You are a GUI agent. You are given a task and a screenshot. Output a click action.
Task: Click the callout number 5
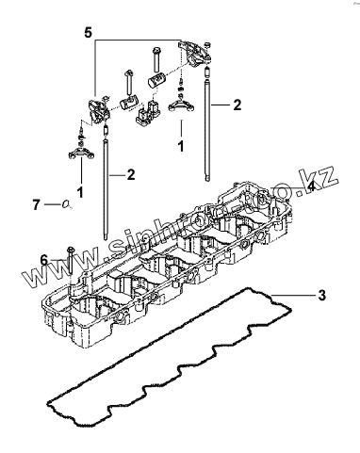pyautogui.click(x=89, y=32)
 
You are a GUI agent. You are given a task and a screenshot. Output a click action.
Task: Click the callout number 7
pyautogui.click(x=37, y=205)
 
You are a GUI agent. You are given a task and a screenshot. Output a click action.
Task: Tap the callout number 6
pyautogui.click(x=44, y=260)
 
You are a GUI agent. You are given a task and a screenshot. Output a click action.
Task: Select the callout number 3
pyautogui.click(x=321, y=295)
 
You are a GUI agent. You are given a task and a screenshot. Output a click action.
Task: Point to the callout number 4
pyautogui.click(x=310, y=186)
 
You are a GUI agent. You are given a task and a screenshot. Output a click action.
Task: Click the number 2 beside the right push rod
pyautogui.click(x=237, y=105)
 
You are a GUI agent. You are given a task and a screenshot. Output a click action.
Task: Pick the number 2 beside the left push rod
pyautogui.click(x=131, y=174)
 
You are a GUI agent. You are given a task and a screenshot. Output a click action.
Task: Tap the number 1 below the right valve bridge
pyautogui.click(x=181, y=147)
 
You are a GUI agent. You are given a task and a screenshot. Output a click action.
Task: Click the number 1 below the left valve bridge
pyautogui.click(x=81, y=192)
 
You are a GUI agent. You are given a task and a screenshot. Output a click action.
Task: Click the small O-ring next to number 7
pyautogui.click(x=65, y=204)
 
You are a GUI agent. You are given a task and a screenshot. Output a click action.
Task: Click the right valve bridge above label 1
pyautogui.click(x=181, y=105)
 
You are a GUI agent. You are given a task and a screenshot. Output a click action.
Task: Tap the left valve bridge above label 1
pyautogui.click(x=81, y=154)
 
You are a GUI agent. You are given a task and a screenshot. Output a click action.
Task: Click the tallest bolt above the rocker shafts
pyautogui.click(x=155, y=59)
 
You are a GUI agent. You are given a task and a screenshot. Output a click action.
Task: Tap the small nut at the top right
pyautogui.click(x=206, y=43)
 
